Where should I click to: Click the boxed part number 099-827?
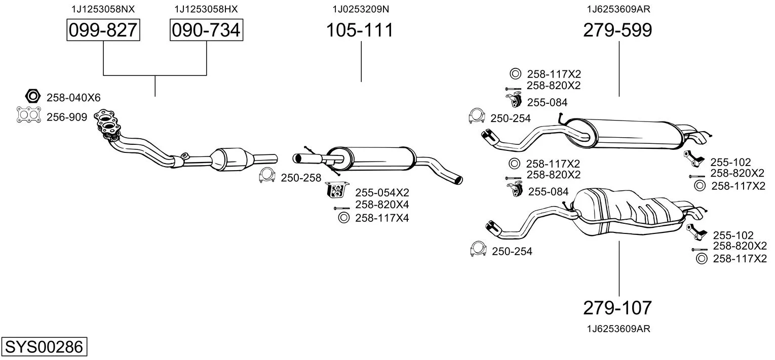(103, 30)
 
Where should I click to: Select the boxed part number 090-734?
(206, 30)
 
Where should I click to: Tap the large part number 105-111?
(359, 30)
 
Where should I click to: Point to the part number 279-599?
(617, 30)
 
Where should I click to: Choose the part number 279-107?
(617, 307)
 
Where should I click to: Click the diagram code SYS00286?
(44, 347)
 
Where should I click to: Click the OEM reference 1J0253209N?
(361, 9)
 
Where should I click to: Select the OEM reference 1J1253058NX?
(103, 9)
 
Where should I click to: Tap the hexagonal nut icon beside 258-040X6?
(32, 96)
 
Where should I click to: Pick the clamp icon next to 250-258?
(266, 175)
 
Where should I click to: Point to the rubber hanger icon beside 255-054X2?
(335, 190)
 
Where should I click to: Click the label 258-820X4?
(381, 205)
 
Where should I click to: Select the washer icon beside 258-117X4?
(342, 218)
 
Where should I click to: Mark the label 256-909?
(67, 117)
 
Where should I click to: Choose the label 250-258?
(301, 178)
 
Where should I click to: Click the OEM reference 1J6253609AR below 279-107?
(618, 329)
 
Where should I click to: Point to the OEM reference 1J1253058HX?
(206, 9)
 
